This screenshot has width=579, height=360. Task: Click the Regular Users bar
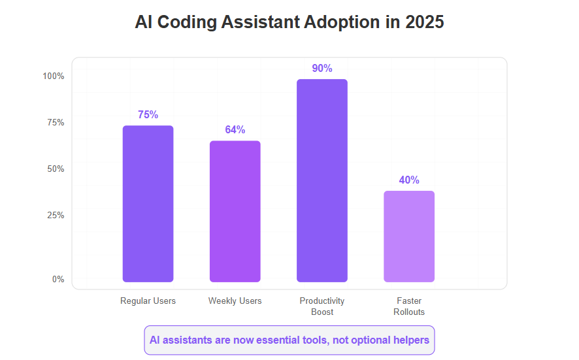[148, 204]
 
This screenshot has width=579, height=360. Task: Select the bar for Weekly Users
[235, 211]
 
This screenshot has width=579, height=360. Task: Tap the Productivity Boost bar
[322, 180]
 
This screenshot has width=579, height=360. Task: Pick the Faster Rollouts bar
[409, 237]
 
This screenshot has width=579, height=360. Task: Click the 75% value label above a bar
[148, 115]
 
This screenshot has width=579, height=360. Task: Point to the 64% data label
[235, 129]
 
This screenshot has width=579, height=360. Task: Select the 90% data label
[322, 69]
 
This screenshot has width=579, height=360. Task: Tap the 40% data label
[409, 180]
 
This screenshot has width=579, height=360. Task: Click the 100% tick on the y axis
[54, 76]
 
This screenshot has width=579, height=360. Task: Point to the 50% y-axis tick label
[56, 169]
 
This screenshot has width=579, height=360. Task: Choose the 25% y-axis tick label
[56, 215]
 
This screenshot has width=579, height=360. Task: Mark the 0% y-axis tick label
[58, 279]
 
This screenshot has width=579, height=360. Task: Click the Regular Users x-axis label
[148, 301]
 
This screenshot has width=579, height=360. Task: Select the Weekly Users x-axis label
[235, 301]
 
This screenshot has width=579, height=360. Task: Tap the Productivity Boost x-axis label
[322, 306]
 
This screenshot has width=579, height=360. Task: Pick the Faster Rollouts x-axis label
[409, 306]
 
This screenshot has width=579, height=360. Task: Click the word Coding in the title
[187, 22]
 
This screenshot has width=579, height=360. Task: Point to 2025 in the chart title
[424, 22]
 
